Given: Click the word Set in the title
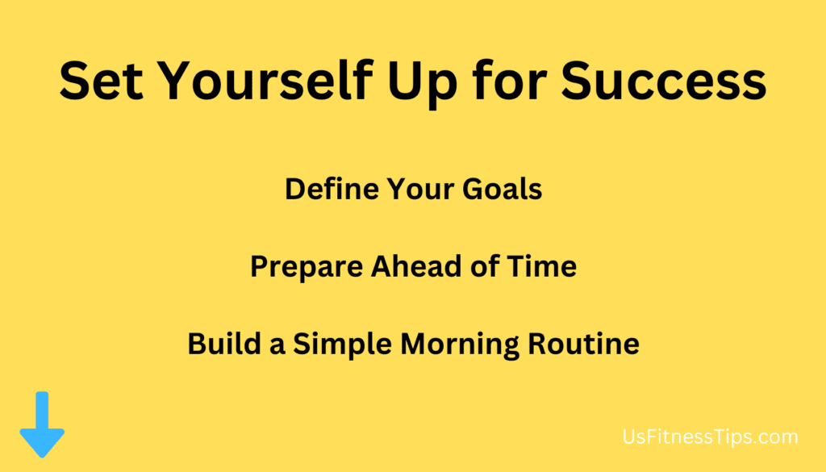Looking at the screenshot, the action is tap(101, 81).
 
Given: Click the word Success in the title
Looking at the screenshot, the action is tap(664, 81).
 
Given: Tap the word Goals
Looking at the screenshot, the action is tap(502, 189).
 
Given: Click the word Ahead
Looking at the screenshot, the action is tap(416, 266).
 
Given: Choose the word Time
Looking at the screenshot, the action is tap(542, 266).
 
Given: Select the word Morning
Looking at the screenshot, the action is tap(459, 345).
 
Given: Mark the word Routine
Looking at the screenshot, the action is tap(584, 344).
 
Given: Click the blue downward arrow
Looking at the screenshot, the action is tap(42, 424).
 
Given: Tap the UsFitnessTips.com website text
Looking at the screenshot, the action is tap(710, 437).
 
